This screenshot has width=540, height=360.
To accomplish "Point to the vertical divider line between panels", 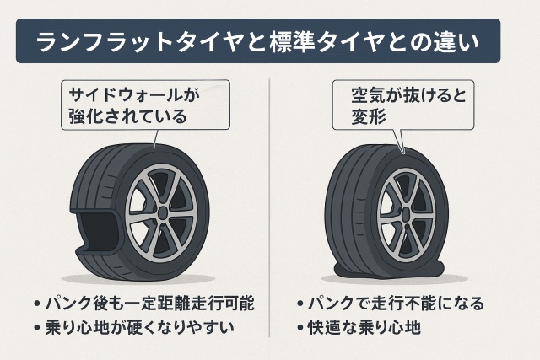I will (x=270, y=211).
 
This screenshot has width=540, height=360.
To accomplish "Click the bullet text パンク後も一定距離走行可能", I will (x=147, y=302).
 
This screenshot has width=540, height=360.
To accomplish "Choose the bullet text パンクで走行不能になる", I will (x=397, y=302).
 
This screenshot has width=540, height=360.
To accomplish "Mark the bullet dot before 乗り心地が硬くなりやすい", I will (x=35, y=325).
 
